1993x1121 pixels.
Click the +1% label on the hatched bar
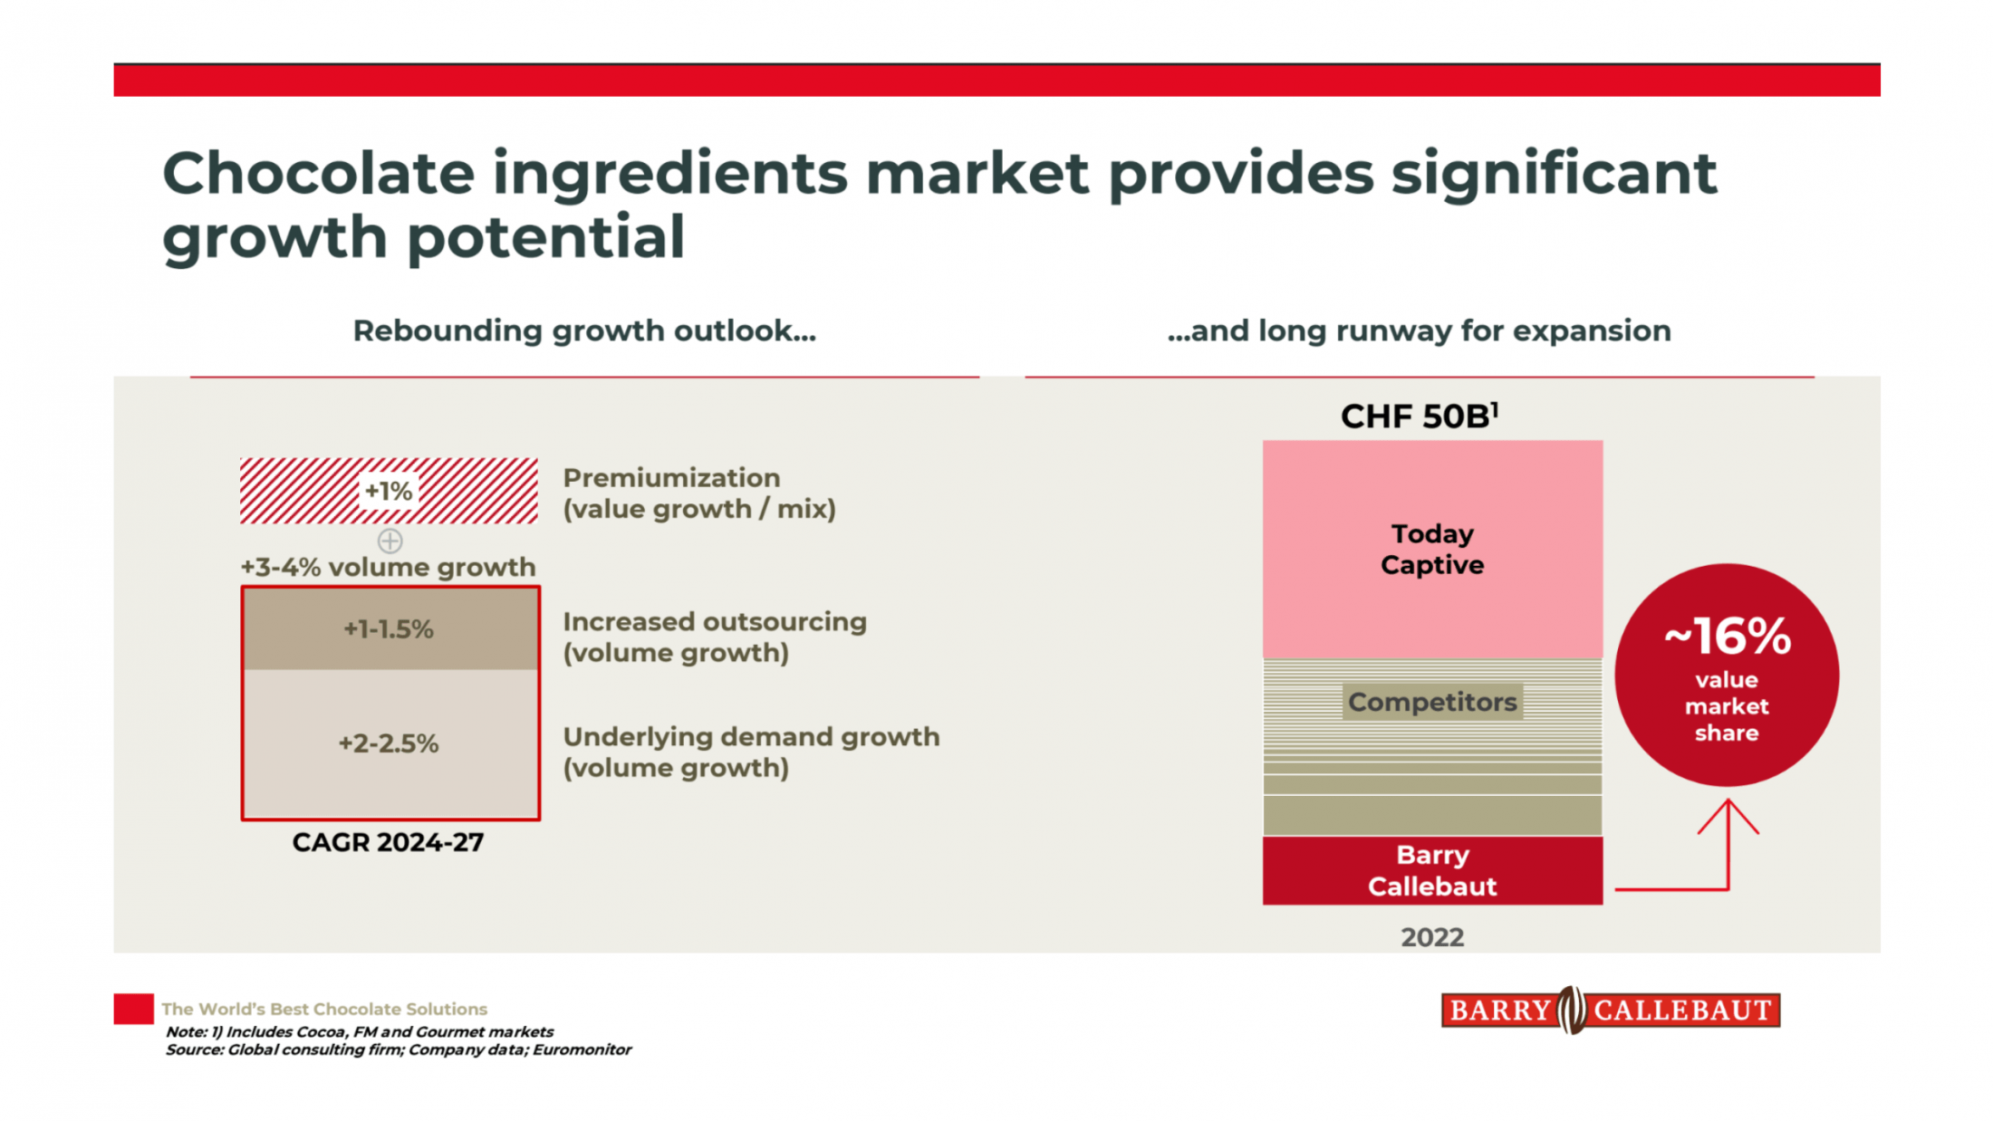click(x=389, y=492)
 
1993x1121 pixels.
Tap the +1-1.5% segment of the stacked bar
click(x=389, y=629)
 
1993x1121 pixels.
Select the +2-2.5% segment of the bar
click(x=389, y=743)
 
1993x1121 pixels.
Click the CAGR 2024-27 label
click(x=388, y=842)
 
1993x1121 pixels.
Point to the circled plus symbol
click(x=390, y=541)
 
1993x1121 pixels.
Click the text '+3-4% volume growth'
click(x=388, y=568)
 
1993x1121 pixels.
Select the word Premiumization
click(x=671, y=478)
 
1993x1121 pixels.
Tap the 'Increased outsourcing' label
click(x=715, y=622)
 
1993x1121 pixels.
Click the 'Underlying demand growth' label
click(x=751, y=737)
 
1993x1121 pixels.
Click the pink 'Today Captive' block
click(x=1432, y=550)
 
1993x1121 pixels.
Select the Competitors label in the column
click(x=1432, y=702)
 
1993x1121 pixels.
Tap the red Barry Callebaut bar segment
click(x=1432, y=870)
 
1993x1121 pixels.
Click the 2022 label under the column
click(x=1432, y=937)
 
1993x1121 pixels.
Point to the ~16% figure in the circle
click(x=1727, y=637)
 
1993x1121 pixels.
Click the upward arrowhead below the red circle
click(x=1728, y=807)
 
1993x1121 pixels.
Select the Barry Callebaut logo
click(x=1610, y=1010)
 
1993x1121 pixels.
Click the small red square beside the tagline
click(x=133, y=1009)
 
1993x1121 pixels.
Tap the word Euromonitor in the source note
click(x=582, y=1049)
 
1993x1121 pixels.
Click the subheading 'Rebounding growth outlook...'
click(x=584, y=331)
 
